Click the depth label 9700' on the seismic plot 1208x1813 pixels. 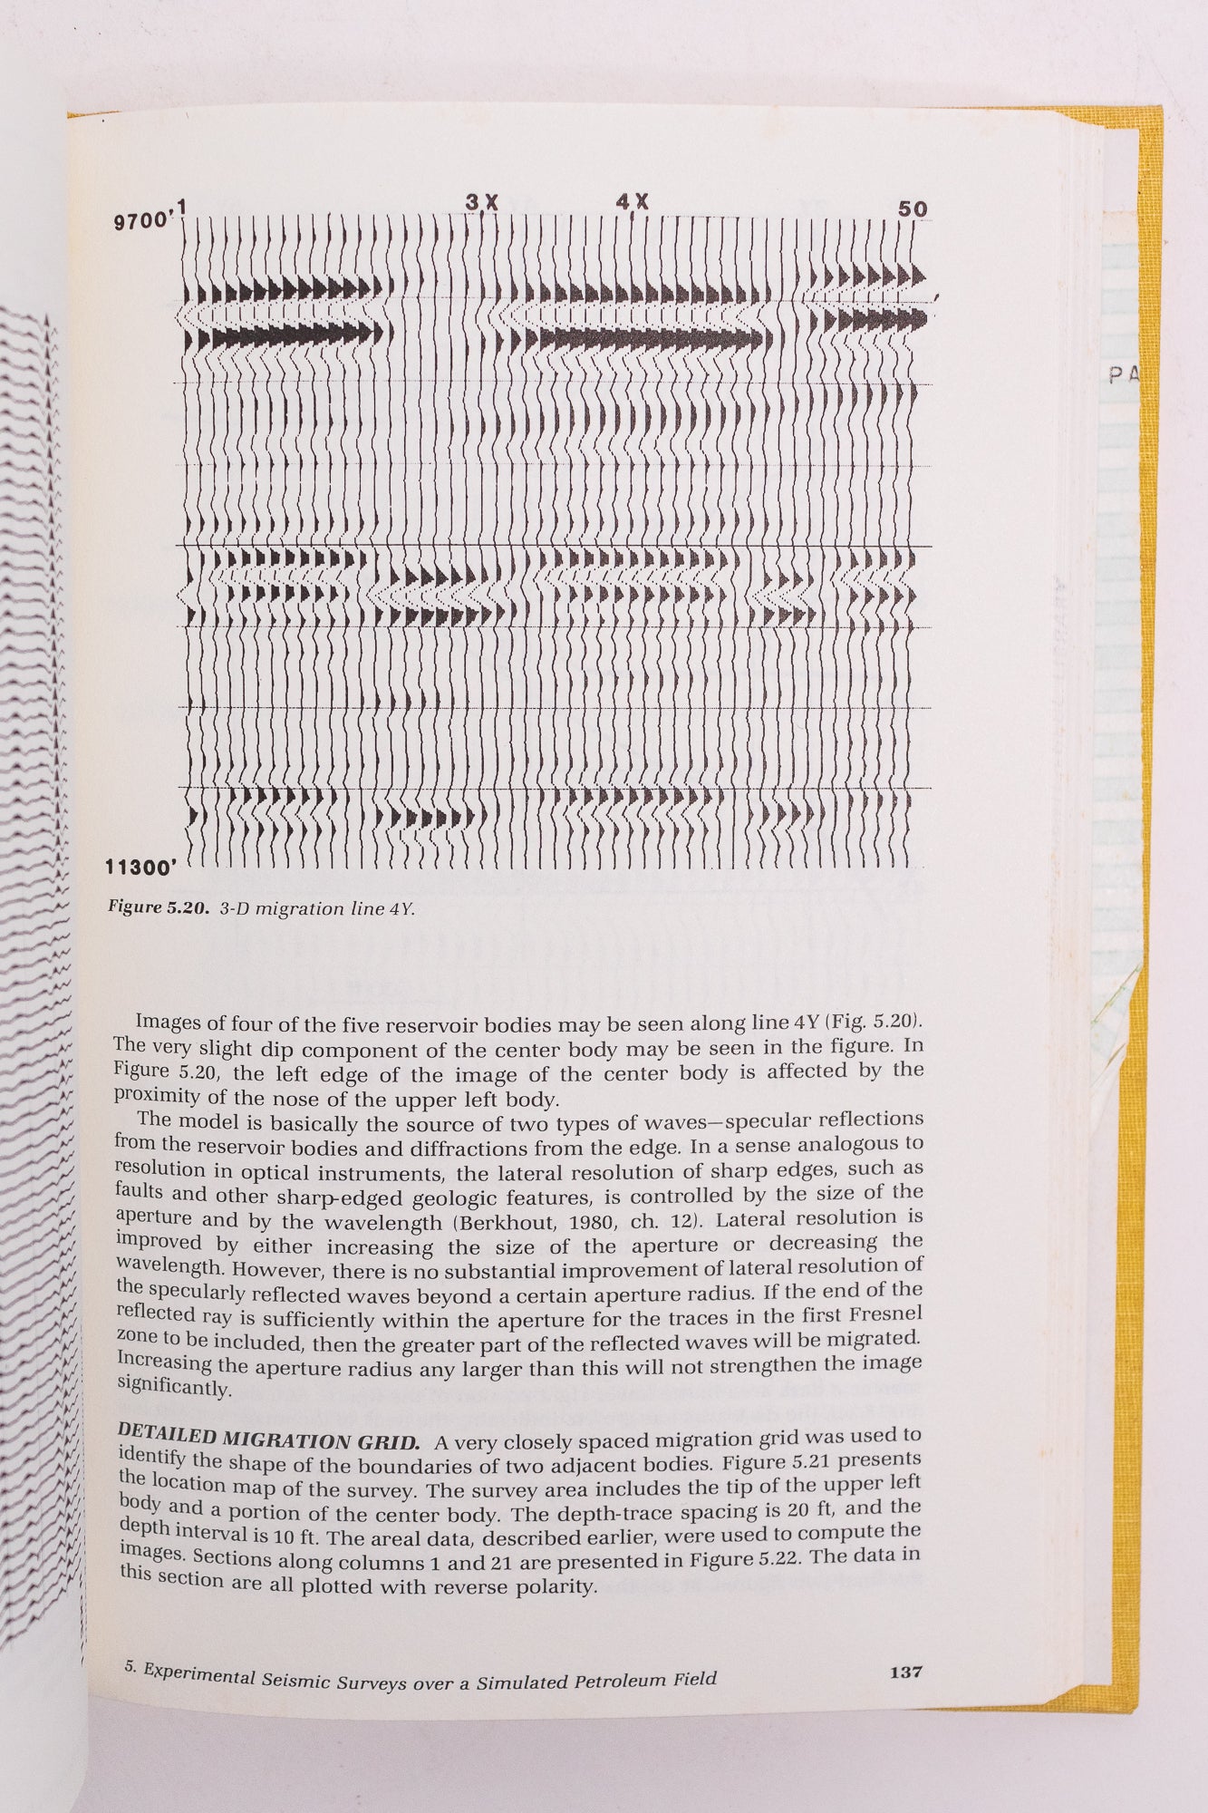[x=142, y=220]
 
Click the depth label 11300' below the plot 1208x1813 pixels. [x=140, y=868]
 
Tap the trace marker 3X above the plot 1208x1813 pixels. [x=482, y=203]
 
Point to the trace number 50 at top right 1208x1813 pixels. [x=913, y=209]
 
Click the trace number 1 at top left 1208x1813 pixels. [x=182, y=207]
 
